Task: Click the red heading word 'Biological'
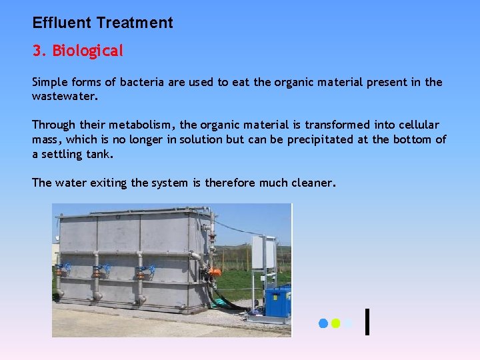point(88,51)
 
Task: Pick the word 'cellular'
point(417,125)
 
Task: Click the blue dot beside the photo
point(323,323)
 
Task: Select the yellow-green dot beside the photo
point(336,323)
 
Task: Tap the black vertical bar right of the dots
point(368,321)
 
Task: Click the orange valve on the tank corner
point(215,273)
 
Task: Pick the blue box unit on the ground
point(277,302)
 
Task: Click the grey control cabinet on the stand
point(263,253)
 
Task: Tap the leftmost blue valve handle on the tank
point(63,270)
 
